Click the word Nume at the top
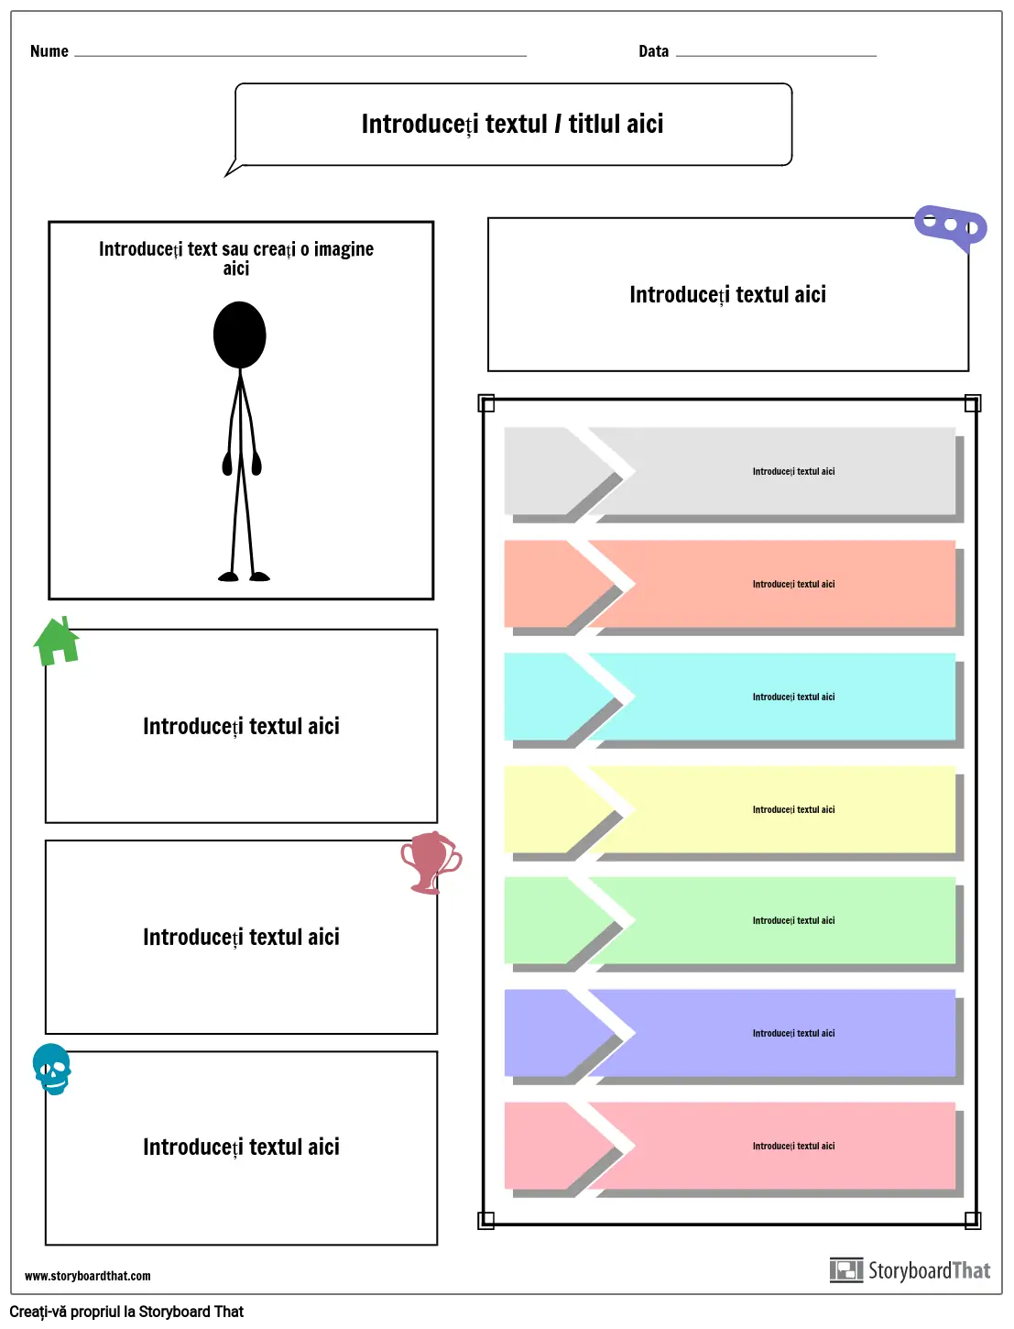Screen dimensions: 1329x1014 pyautogui.click(x=49, y=51)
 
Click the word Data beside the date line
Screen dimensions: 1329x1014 pyautogui.click(x=653, y=51)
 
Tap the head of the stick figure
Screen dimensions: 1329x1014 pyautogui.click(x=240, y=335)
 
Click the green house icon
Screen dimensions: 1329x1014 pyautogui.click(x=57, y=641)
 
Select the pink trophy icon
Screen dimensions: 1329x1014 pyautogui.click(x=430, y=862)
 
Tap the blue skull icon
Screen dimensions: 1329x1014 pyautogui.click(x=52, y=1069)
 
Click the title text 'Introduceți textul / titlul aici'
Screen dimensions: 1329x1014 pyautogui.click(x=512, y=124)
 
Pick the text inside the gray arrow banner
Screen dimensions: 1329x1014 pyautogui.click(x=793, y=471)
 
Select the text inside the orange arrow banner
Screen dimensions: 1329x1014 pyautogui.click(x=793, y=584)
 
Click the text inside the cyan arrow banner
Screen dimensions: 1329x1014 pyautogui.click(x=793, y=697)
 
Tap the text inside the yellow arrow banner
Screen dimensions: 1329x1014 pyautogui.click(x=793, y=809)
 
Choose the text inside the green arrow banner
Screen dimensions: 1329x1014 pyautogui.click(x=793, y=920)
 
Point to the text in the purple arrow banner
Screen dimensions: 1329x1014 pyautogui.click(x=793, y=1033)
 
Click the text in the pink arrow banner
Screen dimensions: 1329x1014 pyautogui.click(x=793, y=1146)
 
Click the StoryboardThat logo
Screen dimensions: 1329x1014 pyautogui.click(x=910, y=1270)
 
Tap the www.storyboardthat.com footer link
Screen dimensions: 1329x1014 pyautogui.click(x=88, y=1276)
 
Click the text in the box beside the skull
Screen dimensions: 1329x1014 pyautogui.click(x=241, y=1147)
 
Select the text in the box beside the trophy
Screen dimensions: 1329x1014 pyautogui.click(x=241, y=937)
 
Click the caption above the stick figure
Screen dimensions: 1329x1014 pyautogui.click(x=236, y=258)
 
